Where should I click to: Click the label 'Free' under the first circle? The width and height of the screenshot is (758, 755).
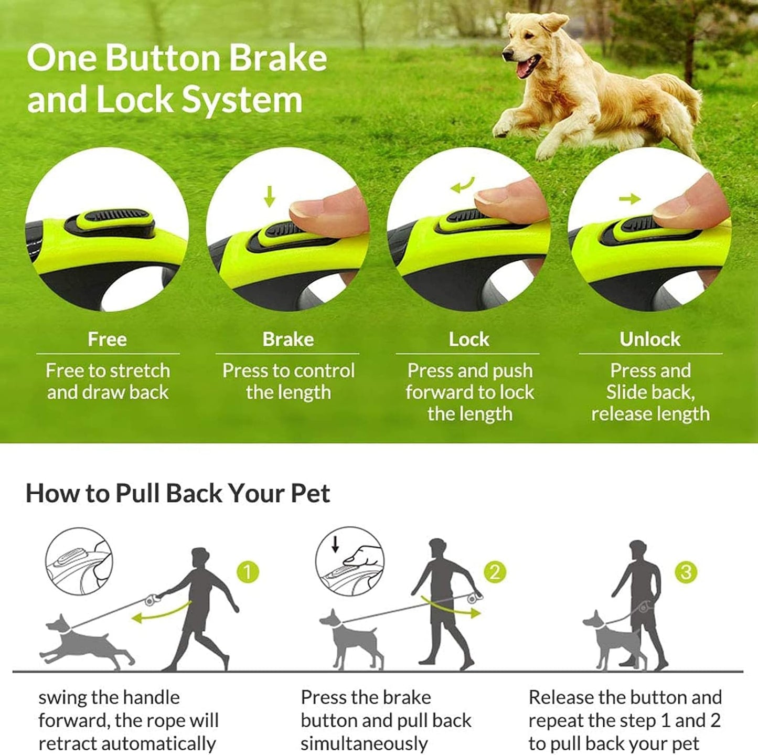107,339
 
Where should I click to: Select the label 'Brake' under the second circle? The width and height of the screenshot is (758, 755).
288,339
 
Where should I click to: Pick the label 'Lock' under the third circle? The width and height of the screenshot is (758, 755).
469,339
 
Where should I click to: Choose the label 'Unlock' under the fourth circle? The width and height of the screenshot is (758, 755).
650,339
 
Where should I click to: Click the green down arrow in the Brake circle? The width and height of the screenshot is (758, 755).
269,196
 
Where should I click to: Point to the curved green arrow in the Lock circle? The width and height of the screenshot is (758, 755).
463,185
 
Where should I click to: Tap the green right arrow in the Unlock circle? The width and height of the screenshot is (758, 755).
629,199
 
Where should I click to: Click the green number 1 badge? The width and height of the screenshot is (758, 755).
248,572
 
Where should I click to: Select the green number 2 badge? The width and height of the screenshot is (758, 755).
494,572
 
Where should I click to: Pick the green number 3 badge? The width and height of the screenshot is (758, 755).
686,572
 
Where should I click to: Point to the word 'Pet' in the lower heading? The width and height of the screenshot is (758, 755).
311,494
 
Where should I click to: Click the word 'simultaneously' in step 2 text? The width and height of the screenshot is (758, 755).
364,743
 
